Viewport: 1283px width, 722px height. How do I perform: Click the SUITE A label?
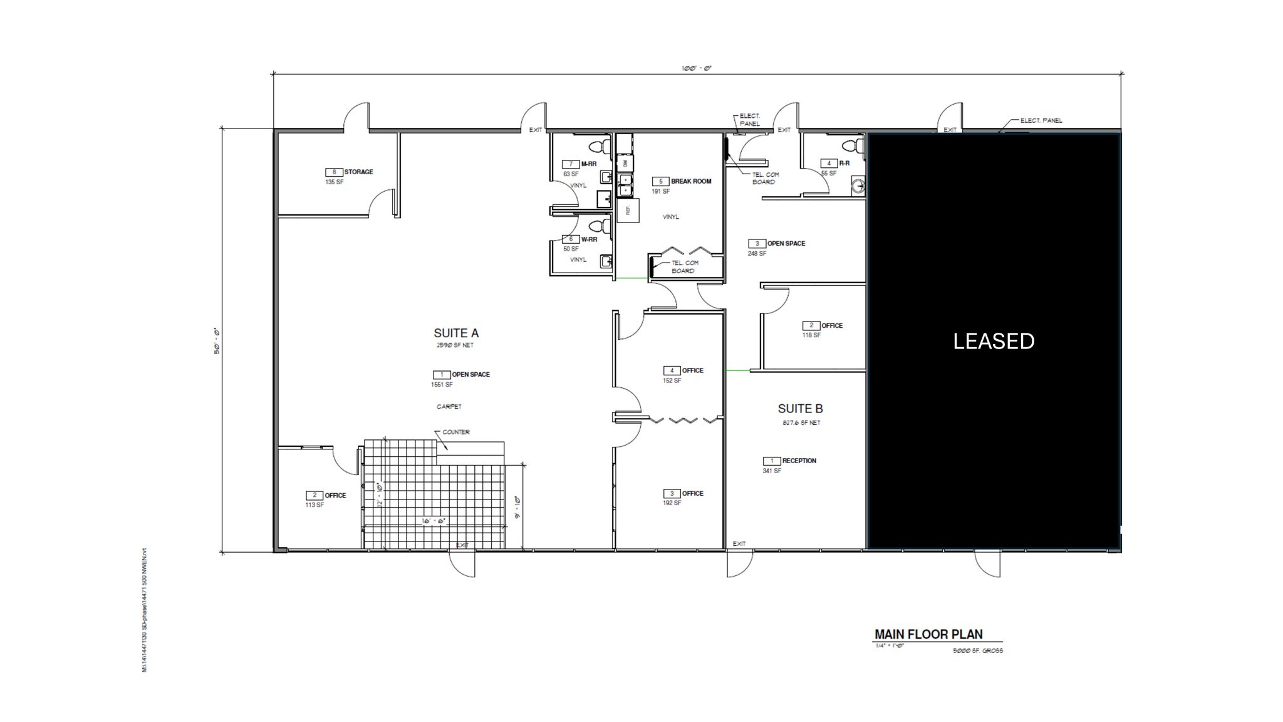point(456,333)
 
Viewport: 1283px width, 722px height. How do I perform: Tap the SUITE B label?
point(800,409)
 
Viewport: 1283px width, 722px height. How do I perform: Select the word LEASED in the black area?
point(994,341)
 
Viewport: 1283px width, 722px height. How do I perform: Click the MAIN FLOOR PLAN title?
point(928,634)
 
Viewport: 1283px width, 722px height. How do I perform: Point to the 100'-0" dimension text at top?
point(696,68)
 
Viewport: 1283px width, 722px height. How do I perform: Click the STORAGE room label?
point(358,172)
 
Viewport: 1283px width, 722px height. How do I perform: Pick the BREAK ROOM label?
point(691,181)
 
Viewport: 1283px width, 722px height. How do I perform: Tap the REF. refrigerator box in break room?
point(628,210)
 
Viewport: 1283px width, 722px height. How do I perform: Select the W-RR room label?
point(589,239)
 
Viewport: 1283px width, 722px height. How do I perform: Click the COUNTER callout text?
point(456,432)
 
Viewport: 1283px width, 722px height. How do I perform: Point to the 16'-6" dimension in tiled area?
point(434,521)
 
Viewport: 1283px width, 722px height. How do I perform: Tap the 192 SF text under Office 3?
point(672,503)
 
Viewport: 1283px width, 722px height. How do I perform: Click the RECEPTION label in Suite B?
point(799,461)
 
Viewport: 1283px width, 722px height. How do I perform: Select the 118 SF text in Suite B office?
point(811,335)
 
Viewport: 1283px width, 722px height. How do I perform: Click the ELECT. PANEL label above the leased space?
point(1041,120)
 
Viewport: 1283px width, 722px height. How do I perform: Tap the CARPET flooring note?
point(449,407)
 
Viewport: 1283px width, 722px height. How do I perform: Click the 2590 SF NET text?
point(455,345)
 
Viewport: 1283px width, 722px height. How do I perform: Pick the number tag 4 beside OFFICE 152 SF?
point(672,370)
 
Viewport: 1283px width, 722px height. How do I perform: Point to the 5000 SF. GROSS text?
point(978,651)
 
